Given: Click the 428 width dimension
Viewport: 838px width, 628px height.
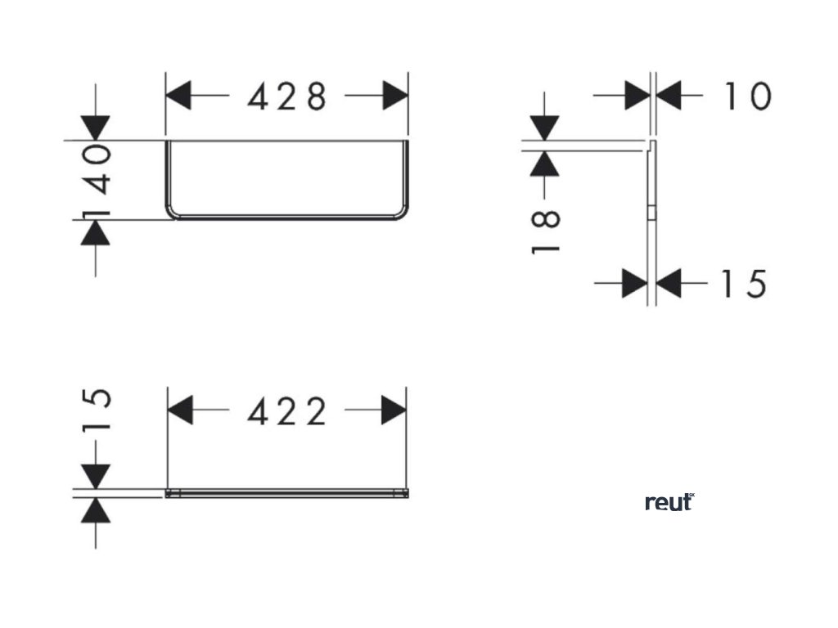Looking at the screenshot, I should (x=287, y=97).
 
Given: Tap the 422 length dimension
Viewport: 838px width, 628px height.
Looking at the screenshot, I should (x=287, y=410).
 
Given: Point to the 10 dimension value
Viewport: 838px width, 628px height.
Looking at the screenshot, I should (x=746, y=96).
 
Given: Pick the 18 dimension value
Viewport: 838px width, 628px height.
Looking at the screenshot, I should (x=546, y=232).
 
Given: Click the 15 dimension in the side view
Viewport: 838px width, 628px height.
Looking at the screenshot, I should (x=742, y=284).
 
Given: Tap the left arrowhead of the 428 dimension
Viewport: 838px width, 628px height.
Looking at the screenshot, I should (x=180, y=96).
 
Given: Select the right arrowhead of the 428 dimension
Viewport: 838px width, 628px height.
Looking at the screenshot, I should (x=394, y=96).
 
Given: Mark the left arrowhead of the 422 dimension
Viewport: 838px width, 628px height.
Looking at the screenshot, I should (x=182, y=410).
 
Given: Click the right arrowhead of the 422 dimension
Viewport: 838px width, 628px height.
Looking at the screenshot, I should (x=394, y=410).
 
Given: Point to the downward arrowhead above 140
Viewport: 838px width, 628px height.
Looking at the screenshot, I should (x=97, y=128).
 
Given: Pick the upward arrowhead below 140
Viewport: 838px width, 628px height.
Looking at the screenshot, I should (x=97, y=233).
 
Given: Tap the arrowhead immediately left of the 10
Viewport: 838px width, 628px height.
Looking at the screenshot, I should (x=637, y=96).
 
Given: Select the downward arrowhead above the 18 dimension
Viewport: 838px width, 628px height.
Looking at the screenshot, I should (x=545, y=128).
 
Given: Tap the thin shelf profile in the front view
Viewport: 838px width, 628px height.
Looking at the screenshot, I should (x=286, y=493).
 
